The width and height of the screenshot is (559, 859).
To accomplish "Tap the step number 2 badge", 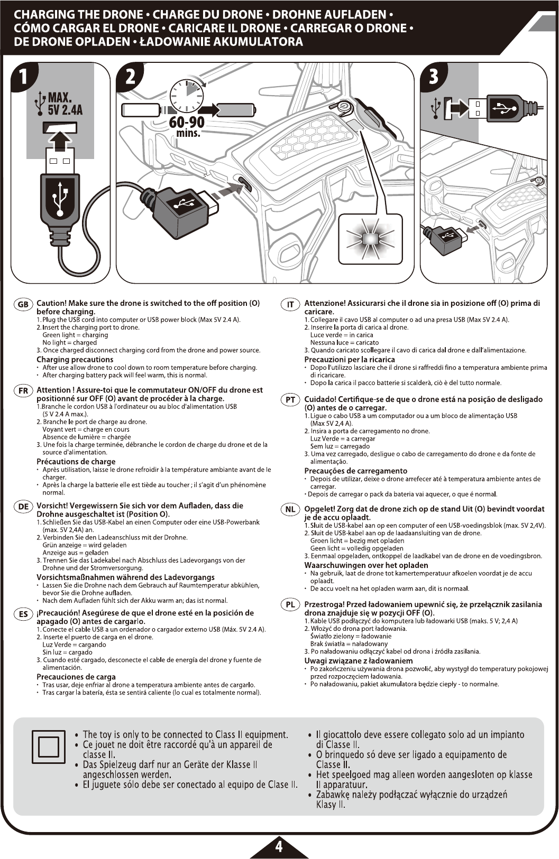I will (130, 77).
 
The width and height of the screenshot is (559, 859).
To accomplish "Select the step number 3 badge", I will (433, 77).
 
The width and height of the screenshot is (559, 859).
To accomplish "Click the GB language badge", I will (23, 304).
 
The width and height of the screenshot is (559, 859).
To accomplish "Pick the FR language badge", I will (23, 391).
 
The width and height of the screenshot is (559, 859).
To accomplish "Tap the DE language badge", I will (23, 507).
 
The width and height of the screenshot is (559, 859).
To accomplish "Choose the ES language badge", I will (23, 614).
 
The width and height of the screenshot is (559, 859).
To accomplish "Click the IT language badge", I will (290, 304).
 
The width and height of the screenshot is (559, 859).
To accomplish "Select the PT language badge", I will (290, 400).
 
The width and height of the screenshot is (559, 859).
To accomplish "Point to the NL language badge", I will (290, 510).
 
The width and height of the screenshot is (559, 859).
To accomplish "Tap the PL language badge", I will (290, 605).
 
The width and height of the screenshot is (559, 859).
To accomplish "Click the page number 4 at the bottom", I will (279, 846).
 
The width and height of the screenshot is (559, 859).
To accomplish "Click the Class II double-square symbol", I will (49, 746).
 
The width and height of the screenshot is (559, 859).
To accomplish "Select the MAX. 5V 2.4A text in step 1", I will (65, 104).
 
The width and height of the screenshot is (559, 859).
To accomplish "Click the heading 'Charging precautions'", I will (75, 360).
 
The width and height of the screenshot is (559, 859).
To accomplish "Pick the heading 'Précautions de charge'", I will (76, 462).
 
